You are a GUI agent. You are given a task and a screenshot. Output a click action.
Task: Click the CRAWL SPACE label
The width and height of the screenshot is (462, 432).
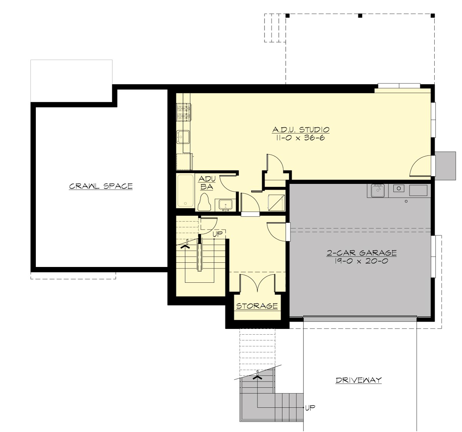click(x=101, y=187)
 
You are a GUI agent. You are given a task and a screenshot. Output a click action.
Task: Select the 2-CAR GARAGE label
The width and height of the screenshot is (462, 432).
click(x=362, y=253)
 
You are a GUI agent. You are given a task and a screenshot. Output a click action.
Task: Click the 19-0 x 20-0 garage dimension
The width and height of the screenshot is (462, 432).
click(x=362, y=261)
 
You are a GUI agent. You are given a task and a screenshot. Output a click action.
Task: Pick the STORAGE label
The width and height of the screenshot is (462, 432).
click(x=257, y=306)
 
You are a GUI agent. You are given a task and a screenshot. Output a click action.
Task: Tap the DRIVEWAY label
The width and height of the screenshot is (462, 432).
click(x=358, y=380)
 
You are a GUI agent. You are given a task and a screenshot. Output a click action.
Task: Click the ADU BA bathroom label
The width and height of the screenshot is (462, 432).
click(x=206, y=183)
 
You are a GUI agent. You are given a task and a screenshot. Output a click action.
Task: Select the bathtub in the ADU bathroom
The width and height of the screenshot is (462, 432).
click(x=185, y=191)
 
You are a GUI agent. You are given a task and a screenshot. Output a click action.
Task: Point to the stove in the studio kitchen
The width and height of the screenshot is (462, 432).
click(x=184, y=111)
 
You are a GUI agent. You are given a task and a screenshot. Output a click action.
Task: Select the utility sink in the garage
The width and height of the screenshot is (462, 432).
click(x=378, y=190)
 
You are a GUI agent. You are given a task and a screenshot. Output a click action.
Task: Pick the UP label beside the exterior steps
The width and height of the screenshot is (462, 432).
click(x=310, y=408)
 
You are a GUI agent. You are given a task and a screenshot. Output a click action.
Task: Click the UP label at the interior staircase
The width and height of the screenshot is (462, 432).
click(x=218, y=234)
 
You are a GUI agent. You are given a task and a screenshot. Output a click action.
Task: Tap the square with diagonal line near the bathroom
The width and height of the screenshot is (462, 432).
click(x=276, y=202)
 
